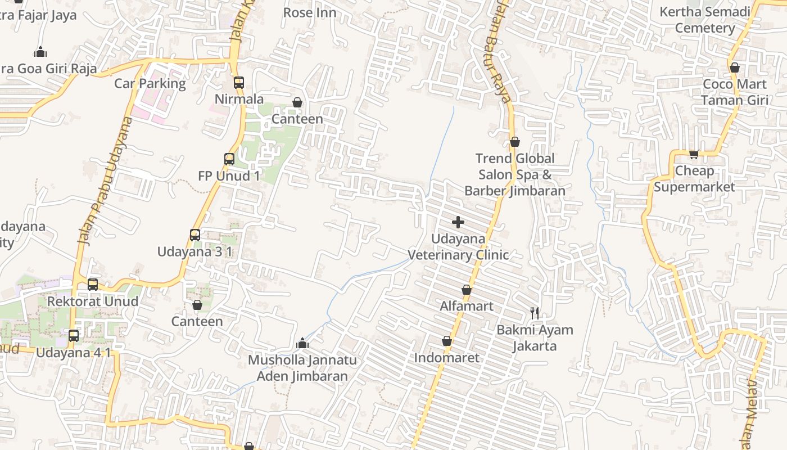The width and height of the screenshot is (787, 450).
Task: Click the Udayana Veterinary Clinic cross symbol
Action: pos(458,222)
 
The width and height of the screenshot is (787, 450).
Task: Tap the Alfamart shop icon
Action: pos(466,290)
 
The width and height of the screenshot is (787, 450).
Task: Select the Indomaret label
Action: pos(446,358)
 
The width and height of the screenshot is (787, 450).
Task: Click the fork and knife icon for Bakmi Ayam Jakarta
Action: pos(535,313)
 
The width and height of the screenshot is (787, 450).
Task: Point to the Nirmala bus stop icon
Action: pos(239,83)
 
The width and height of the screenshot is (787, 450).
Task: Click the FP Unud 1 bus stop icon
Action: pos(229,159)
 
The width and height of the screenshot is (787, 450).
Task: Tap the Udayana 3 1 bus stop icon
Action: pos(195,235)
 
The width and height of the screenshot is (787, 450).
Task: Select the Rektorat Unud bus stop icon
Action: pos(93,285)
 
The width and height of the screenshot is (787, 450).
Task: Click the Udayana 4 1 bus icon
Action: pos(74,336)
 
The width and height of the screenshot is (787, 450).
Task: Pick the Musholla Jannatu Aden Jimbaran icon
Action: pos(302,343)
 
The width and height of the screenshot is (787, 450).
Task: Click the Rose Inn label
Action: pos(310,12)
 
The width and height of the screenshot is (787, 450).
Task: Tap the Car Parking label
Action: pos(150,84)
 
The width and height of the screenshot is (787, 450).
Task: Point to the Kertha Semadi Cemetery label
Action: pos(705,20)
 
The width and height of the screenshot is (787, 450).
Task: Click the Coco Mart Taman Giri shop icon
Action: pos(734,67)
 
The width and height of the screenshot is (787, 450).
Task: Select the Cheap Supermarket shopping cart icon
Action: pos(694,154)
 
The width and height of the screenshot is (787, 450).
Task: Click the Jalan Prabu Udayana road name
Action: pos(101,180)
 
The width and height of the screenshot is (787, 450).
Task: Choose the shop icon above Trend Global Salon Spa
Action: pos(514,142)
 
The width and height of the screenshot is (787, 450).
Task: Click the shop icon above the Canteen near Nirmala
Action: pos(297,102)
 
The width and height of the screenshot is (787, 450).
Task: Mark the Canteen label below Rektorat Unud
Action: pos(197,321)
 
